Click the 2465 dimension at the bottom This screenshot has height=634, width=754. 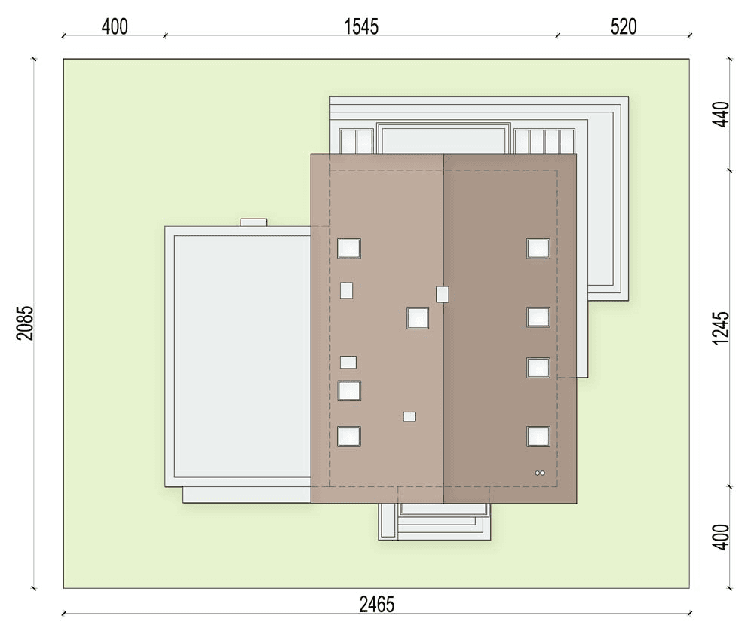click(x=376, y=604)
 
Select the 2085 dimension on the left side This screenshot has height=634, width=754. click(x=25, y=323)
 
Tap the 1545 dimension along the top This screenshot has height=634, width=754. click(x=362, y=26)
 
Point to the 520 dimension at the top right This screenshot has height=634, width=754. click(x=624, y=26)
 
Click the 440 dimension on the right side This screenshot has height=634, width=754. click(x=722, y=114)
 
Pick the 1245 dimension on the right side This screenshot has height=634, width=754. click(x=722, y=328)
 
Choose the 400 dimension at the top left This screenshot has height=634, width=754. click(x=115, y=26)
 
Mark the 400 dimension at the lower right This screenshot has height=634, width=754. click(x=722, y=537)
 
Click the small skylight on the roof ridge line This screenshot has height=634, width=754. click(x=443, y=294)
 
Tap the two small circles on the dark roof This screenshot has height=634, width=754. click(x=540, y=473)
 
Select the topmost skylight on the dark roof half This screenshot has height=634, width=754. click(x=538, y=249)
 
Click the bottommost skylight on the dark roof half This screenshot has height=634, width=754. click(x=538, y=436)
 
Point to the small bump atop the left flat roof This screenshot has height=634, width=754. click(x=253, y=222)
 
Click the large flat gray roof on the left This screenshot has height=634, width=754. click(x=242, y=356)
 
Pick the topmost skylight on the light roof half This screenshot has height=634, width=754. click(x=348, y=249)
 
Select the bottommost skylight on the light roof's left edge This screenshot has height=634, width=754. click(x=348, y=436)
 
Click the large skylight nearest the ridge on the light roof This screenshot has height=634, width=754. click(x=418, y=318)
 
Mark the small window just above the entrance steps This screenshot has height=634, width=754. click(x=409, y=416)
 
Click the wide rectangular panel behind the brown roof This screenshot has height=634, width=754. click(x=443, y=139)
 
